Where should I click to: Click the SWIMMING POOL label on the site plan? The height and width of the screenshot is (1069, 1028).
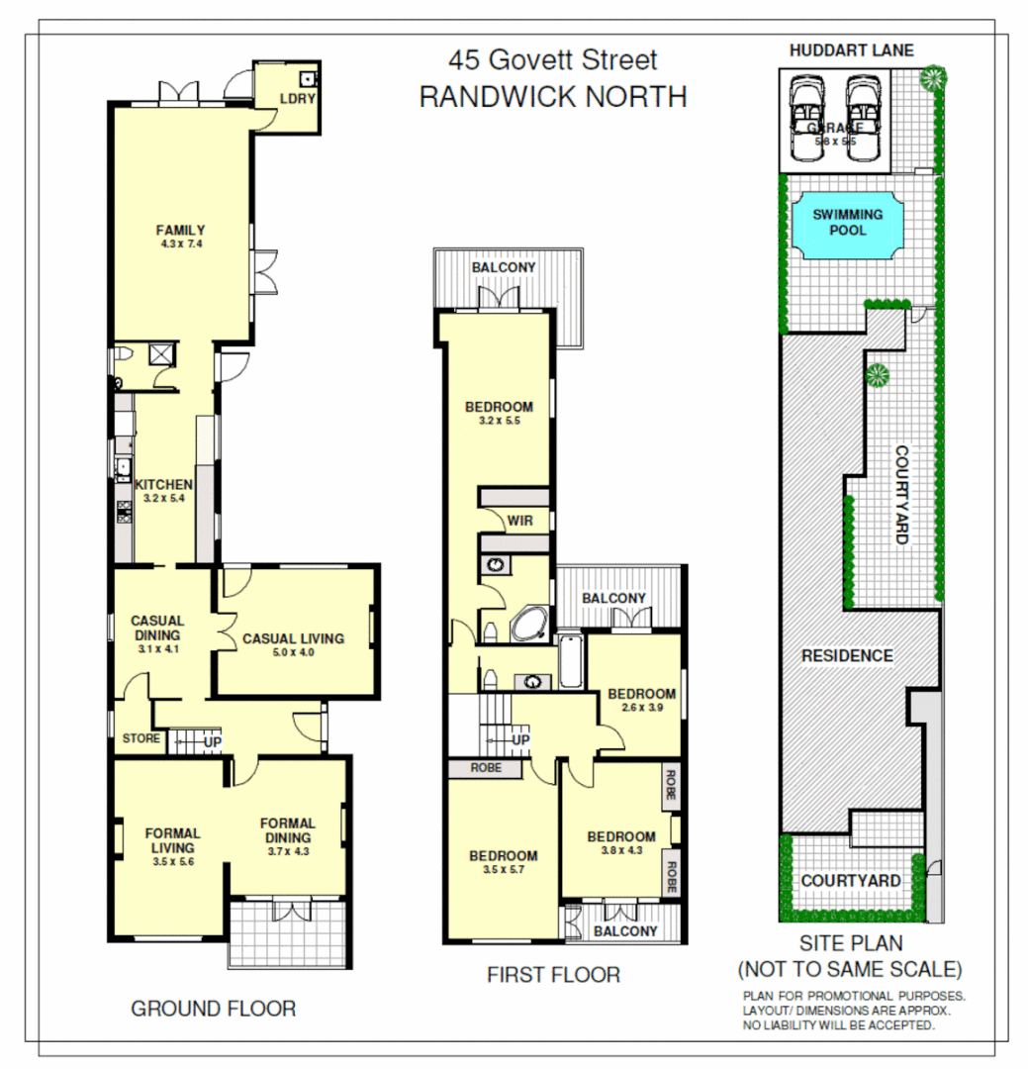847,222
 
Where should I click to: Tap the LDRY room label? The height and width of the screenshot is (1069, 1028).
296,99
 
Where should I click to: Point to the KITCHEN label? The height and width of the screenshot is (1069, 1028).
163,484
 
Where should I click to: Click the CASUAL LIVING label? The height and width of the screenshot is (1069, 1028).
293,638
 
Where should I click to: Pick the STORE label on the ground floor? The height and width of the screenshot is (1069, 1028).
140,738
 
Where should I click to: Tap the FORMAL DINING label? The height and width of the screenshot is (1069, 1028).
287,830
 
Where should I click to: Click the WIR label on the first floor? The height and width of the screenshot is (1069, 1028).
520,521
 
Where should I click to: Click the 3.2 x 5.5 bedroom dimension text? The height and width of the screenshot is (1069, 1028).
499,421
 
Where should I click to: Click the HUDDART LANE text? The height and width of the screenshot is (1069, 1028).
851,50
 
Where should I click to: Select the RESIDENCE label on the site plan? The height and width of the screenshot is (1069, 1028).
846,655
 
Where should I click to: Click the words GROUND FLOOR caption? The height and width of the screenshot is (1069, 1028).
213,1009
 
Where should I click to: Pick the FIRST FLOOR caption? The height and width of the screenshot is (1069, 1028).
553,975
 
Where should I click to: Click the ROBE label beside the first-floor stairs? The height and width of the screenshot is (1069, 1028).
485,768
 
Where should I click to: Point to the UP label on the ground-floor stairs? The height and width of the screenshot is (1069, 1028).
211,740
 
